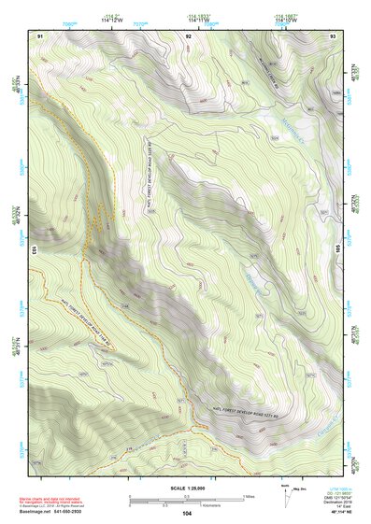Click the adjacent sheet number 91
[x=40, y=35]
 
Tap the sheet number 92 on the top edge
[x=188, y=35]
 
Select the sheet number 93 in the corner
[x=334, y=35]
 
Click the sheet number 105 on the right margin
[x=337, y=249]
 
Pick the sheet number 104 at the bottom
[x=187, y=513]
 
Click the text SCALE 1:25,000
[x=184, y=486]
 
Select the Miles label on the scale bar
[x=247, y=495]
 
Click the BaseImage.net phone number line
[x=55, y=512]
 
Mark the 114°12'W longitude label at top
[x=111, y=21]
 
